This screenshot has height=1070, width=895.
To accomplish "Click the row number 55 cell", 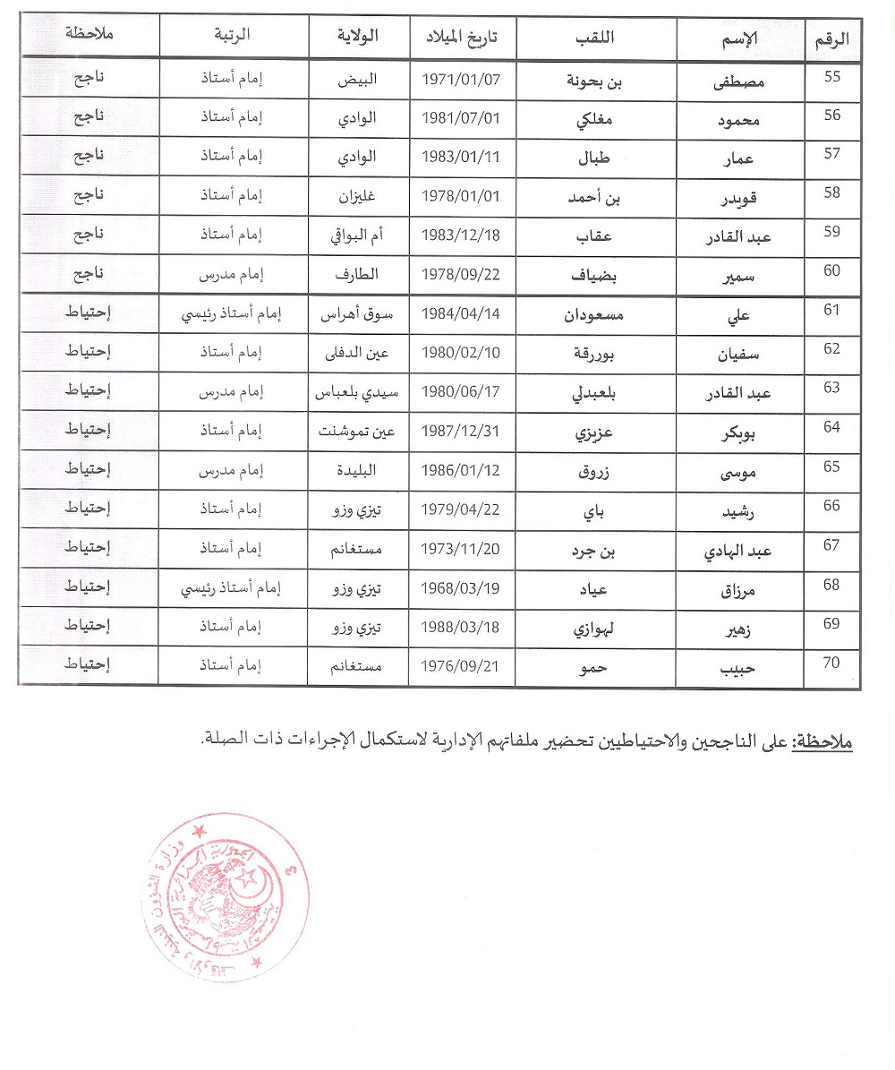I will pos(832,77).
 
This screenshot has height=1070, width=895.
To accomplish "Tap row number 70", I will pos(832,664).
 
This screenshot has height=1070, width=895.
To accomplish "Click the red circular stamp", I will pos(226,897).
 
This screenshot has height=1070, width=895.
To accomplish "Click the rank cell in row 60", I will pos(234,274).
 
